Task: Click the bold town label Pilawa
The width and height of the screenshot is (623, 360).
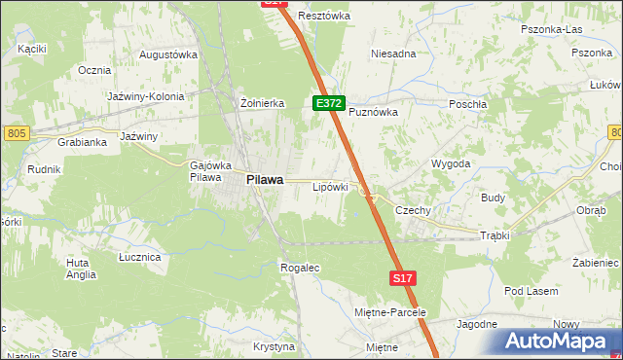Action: (265, 179)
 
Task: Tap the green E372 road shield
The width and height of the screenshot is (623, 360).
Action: (327, 102)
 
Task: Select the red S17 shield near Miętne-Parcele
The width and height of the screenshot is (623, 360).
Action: (404, 278)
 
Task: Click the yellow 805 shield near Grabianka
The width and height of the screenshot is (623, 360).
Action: (15, 132)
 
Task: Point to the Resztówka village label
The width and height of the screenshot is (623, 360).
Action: (324, 16)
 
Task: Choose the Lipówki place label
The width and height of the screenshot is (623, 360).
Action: (329, 186)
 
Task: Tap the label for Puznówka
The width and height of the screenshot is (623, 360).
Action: (374, 112)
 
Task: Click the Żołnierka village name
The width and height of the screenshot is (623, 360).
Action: (261, 102)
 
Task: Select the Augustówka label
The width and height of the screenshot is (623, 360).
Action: (168, 54)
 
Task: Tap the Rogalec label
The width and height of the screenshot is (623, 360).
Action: (299, 267)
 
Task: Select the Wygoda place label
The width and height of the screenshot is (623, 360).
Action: (451, 163)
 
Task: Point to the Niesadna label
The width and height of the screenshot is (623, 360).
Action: (393, 54)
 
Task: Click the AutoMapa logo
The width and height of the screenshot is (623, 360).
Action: (555, 341)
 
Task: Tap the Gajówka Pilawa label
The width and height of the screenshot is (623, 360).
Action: (207, 171)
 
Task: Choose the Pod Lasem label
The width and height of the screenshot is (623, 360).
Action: (531, 291)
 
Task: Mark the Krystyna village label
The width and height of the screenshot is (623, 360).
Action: (274, 346)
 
